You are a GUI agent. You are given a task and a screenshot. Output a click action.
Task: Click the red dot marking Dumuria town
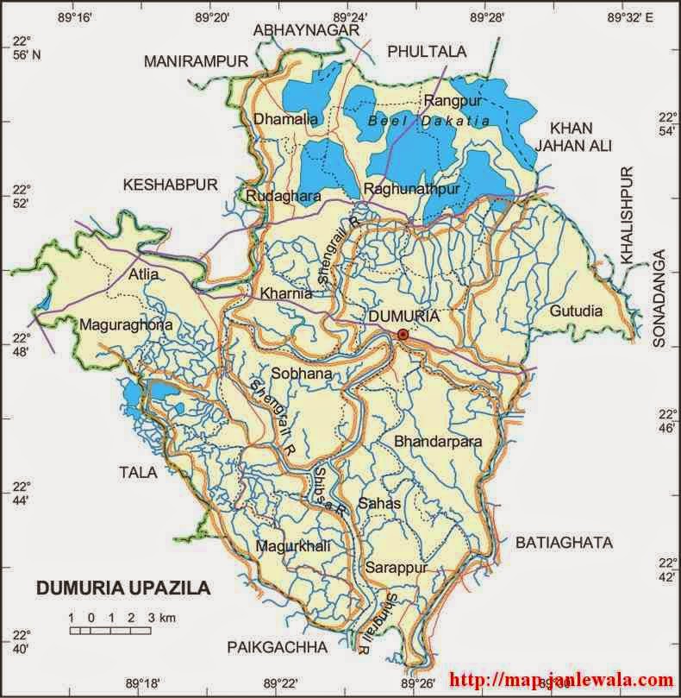click(403, 335)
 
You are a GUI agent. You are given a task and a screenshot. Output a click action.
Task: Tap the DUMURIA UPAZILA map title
click(122, 588)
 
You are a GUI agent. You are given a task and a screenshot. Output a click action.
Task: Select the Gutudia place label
click(576, 311)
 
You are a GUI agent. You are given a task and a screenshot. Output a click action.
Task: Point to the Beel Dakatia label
click(428, 122)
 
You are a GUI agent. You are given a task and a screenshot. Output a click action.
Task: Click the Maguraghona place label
click(126, 325)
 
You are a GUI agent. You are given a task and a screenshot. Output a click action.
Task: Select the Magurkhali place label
click(293, 545)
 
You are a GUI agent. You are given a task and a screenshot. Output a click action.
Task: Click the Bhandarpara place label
click(437, 442)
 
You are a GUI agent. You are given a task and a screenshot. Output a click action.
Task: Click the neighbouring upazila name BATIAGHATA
click(564, 543)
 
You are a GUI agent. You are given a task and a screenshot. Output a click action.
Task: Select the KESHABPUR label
click(171, 184)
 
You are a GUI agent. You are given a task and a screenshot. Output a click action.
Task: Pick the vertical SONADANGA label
click(661, 299)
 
